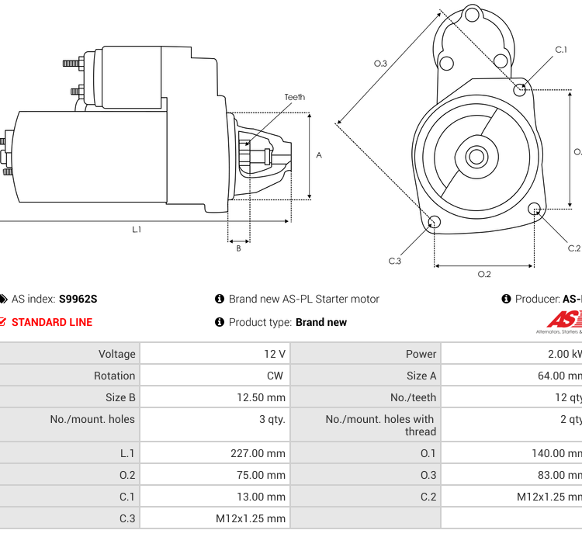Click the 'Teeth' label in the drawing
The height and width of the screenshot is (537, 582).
pos(294,97)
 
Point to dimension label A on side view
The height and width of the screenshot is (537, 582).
pos(319,155)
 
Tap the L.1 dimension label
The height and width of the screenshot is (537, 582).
pos(137,229)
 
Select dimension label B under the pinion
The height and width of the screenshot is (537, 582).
pos(238,248)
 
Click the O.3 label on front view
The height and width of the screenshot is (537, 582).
pos(380,63)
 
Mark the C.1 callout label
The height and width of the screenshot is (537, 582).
pos(561,50)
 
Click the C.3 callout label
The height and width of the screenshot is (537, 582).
pos(395,261)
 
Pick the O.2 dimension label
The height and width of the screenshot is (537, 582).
pos(483,274)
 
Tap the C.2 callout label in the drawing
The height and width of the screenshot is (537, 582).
pos(574,248)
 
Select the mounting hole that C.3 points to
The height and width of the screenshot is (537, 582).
pos(435,223)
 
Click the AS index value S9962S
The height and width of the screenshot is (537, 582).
pos(78,299)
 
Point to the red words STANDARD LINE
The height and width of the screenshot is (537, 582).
pos(51,322)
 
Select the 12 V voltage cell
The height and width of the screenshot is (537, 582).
pos(275,354)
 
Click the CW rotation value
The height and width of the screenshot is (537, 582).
pos(275,376)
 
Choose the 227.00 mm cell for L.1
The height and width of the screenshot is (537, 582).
pos(258,453)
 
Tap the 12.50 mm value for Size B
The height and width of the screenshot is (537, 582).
pos(261,397)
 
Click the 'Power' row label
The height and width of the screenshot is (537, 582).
pos(421,354)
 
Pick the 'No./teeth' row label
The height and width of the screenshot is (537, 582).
pos(413,397)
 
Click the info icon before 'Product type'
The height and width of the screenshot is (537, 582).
pos(220,322)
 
